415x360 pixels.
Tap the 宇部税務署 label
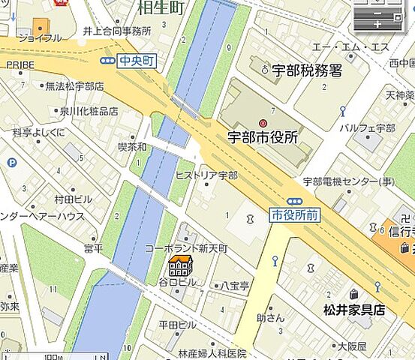(x=308, y=70)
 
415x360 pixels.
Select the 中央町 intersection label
(x=137, y=61)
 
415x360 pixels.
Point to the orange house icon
(x=180, y=266)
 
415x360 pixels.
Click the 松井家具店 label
(x=353, y=309)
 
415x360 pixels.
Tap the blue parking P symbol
(x=12, y=162)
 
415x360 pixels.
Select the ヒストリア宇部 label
(x=206, y=175)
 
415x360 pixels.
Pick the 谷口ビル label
(x=177, y=282)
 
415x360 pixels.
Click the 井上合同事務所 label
(x=116, y=31)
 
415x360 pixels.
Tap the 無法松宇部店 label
(x=74, y=86)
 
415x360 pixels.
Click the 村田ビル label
(x=73, y=199)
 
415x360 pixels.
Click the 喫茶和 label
(x=133, y=147)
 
